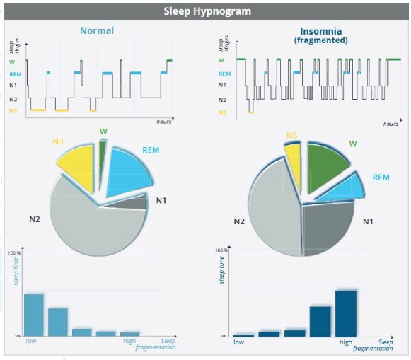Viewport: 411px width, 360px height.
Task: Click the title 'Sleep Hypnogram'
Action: click(x=207, y=11)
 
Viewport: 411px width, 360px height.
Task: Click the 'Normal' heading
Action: click(x=97, y=30)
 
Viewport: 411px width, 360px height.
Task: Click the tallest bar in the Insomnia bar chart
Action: click(x=346, y=313)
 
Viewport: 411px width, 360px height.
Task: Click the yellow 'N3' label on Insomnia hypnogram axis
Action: click(x=222, y=112)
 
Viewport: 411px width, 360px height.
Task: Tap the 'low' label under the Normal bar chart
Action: click(x=31, y=342)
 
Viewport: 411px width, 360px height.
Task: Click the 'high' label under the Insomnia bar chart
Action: click(x=346, y=342)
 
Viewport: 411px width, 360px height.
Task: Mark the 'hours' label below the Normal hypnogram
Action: click(x=163, y=122)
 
